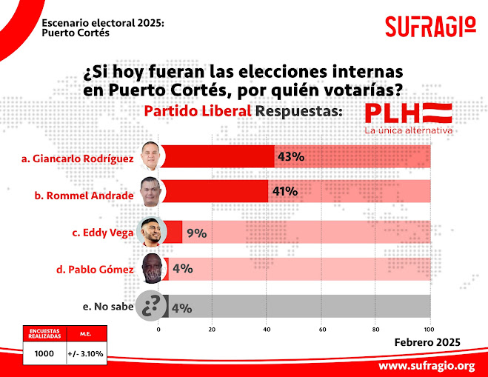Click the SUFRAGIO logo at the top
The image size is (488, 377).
coord(429,27)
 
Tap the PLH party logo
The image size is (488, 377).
coord(408,113)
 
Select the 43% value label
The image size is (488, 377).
coord(290,157)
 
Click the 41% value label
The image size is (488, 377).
coord(284,191)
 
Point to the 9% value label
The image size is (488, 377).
coord(196,233)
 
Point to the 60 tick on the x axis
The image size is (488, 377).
coord(321,328)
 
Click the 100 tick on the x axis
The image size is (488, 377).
coord(429,328)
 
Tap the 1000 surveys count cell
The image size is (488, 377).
coord(45,354)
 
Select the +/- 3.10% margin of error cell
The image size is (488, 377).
coord(86,354)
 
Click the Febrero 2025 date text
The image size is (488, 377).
coord(427,341)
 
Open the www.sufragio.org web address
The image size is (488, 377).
coord(426,366)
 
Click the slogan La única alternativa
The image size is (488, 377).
coord(408,130)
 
